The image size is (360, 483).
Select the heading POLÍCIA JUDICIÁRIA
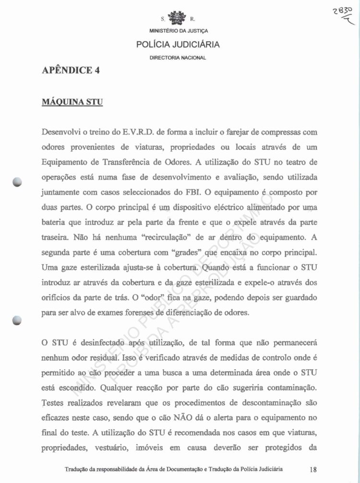[178, 45]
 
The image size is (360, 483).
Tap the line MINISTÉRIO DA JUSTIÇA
[178, 32]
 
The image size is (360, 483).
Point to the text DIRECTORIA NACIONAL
[178, 58]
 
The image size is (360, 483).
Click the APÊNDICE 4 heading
[71, 70]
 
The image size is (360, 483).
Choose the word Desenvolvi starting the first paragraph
[62, 132]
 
